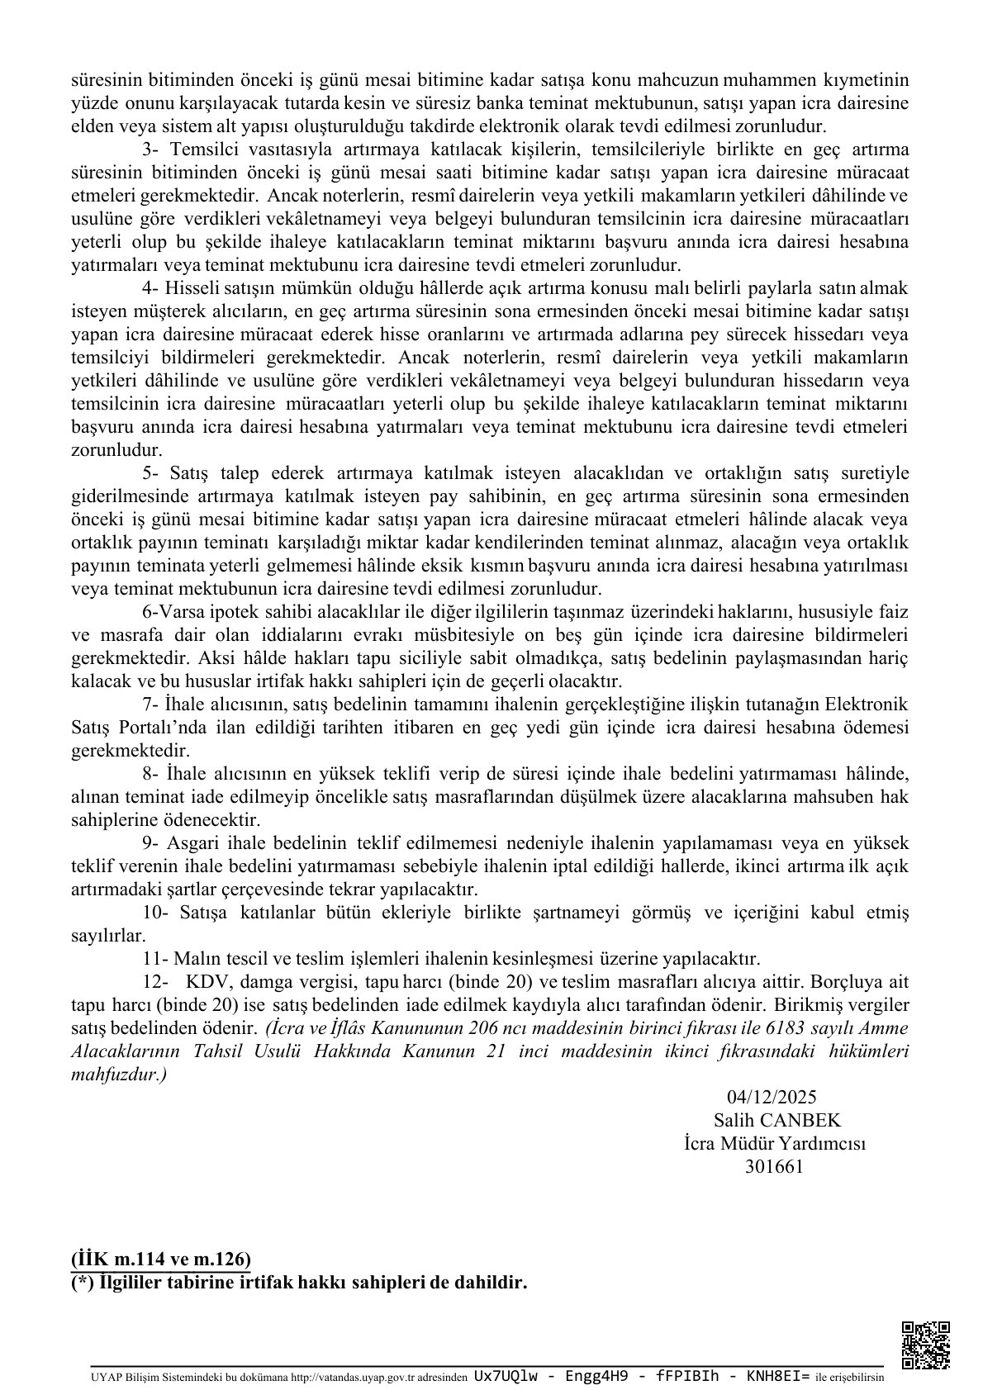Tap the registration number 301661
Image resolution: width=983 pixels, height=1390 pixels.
pyautogui.click(x=773, y=1166)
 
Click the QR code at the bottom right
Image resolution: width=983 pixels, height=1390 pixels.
pyautogui.click(x=925, y=1345)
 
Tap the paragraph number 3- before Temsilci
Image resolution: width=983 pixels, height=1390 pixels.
pyautogui.click(x=150, y=149)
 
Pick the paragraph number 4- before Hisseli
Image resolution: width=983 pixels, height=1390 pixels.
pyautogui.click(x=150, y=289)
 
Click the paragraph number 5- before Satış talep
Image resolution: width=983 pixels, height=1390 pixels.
pyautogui.click(x=150, y=473)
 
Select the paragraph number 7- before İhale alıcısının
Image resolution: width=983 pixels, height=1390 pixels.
pyautogui.click(x=150, y=704)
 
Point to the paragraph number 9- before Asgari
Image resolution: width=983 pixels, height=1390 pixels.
pyautogui.click(x=150, y=843)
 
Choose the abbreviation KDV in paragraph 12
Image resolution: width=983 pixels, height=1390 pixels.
pyautogui.click(x=202, y=982)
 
